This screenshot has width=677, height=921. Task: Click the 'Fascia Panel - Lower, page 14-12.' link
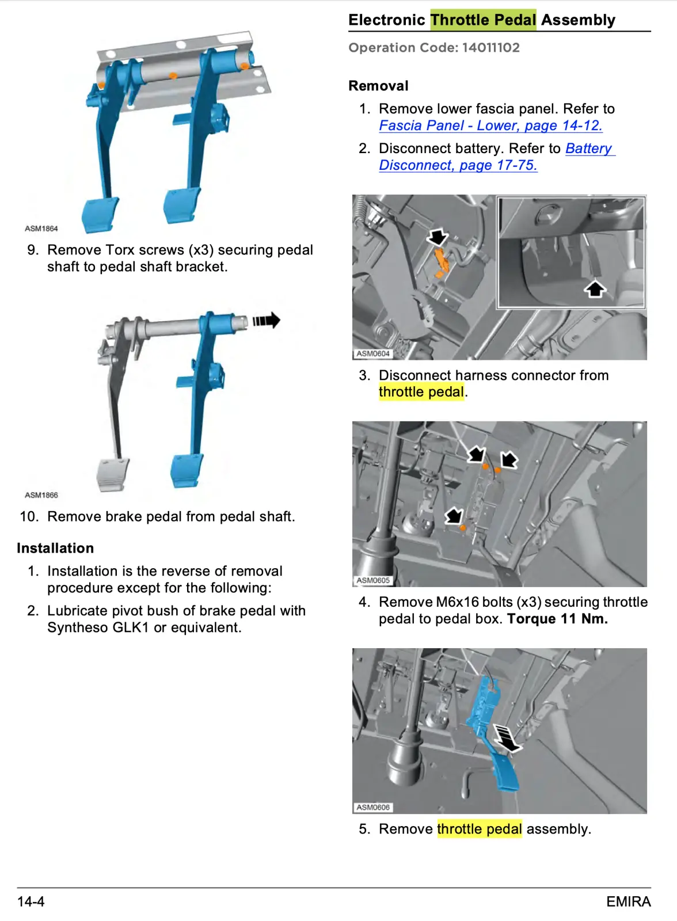(x=490, y=125)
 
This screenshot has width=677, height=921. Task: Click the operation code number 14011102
(x=490, y=48)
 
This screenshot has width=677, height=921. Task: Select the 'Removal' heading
(x=378, y=86)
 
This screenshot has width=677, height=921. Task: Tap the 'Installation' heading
(x=55, y=548)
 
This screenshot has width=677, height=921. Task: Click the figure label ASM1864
(x=41, y=229)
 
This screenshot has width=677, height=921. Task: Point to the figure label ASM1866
(x=41, y=495)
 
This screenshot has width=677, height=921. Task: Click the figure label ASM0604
(x=372, y=353)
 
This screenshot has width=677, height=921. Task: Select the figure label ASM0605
(x=372, y=580)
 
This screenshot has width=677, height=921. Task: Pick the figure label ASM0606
(x=372, y=807)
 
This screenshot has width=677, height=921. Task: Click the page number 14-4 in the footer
(x=31, y=901)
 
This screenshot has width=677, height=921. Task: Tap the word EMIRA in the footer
(x=628, y=901)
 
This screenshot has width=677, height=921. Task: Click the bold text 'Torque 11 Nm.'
(x=557, y=619)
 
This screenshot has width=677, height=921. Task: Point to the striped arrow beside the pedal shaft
(x=266, y=320)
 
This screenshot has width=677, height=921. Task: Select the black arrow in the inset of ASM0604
(x=595, y=288)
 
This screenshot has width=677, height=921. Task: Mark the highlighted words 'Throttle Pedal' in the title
(x=483, y=20)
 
